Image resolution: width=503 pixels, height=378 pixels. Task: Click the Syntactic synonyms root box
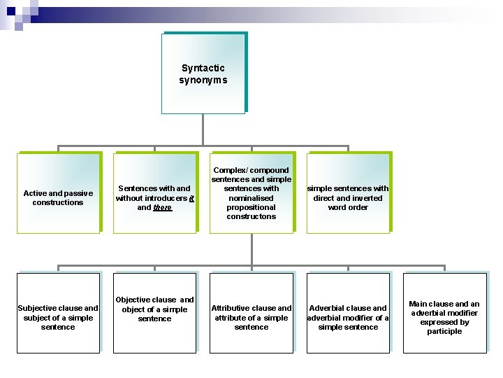[x=203, y=73]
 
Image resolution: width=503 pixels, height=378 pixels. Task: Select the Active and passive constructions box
[x=58, y=192]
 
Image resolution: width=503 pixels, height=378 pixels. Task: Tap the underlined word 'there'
[x=163, y=207]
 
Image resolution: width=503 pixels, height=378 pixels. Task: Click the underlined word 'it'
[x=191, y=198]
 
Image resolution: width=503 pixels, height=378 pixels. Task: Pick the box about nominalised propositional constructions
[x=251, y=192]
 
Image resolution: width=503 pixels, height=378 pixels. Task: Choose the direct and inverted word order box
[x=348, y=192]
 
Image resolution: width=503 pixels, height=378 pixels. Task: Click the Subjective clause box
[x=58, y=313]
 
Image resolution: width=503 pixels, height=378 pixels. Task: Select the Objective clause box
[x=154, y=313]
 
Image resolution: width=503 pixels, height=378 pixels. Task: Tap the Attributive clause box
[x=251, y=313]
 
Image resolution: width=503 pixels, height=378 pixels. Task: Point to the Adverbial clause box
[x=348, y=313]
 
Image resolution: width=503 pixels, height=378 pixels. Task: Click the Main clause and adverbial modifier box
[x=444, y=313]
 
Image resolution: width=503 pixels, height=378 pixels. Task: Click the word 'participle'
[x=444, y=332]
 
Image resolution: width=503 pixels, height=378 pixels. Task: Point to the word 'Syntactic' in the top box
[x=203, y=68]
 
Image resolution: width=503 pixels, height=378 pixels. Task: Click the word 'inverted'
[x=367, y=198]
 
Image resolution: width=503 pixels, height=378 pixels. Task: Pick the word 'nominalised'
[x=251, y=198]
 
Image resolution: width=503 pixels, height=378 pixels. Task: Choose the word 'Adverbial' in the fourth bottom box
[x=328, y=308]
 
